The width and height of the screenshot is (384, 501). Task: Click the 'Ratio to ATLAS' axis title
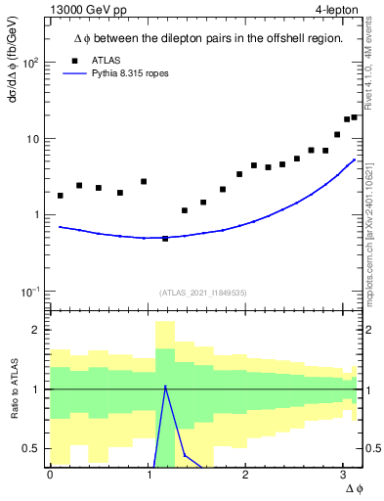[15, 388]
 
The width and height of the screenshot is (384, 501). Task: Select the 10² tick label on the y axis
[29, 63]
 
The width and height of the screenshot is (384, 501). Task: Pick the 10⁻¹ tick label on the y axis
[29, 292]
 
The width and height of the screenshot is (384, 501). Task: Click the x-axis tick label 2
[245, 476]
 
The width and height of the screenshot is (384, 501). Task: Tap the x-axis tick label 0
[50, 476]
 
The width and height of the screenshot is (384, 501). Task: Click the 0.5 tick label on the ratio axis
[32, 448]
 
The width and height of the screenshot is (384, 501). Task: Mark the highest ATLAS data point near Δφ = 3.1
[354, 117]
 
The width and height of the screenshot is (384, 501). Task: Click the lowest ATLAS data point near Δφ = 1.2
[165, 239]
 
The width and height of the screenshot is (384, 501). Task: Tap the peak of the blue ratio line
[165, 387]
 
